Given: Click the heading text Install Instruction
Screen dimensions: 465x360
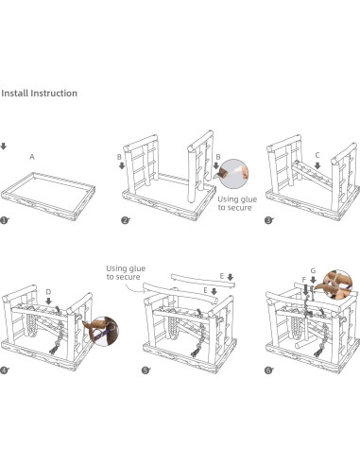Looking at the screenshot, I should (39, 94).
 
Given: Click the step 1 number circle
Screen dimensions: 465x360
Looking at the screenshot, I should (5, 220).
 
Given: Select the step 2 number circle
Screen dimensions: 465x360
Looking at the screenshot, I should (125, 220).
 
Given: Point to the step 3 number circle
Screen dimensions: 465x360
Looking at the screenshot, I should (268, 220).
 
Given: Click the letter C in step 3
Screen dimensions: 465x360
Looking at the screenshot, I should (317, 154).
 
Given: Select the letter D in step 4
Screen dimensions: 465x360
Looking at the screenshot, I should (48, 291).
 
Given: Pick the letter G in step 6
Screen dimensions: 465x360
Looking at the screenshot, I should (313, 270).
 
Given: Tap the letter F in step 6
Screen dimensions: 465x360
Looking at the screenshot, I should (303, 280).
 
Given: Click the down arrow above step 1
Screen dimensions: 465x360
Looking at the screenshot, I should (4, 146).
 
